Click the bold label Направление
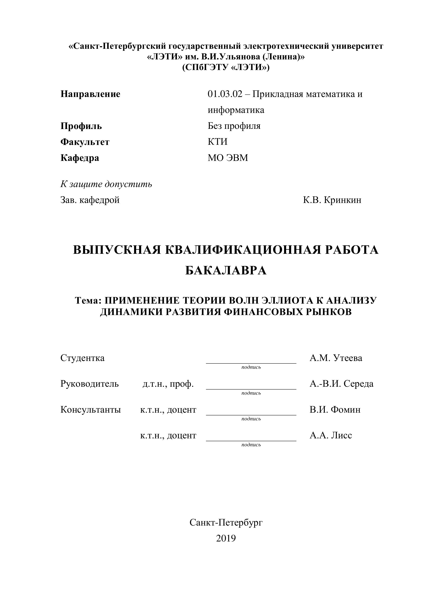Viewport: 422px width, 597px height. point(90,94)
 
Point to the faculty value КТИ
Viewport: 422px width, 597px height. point(218,142)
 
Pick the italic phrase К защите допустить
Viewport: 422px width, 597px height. point(106,184)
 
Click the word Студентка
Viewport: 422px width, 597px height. point(82,358)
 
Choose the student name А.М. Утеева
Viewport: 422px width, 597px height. point(336,358)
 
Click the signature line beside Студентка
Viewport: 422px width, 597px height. point(251,363)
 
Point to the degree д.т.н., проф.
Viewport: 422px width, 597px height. point(168,384)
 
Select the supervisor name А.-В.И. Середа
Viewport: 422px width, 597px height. point(341,384)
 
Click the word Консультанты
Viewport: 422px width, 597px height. point(90,410)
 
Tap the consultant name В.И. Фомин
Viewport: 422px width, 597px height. point(335,410)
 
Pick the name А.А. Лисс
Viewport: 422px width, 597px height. point(331,435)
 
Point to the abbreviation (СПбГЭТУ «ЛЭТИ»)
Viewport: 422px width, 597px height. point(226,68)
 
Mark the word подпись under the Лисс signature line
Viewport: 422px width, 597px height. point(251,445)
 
